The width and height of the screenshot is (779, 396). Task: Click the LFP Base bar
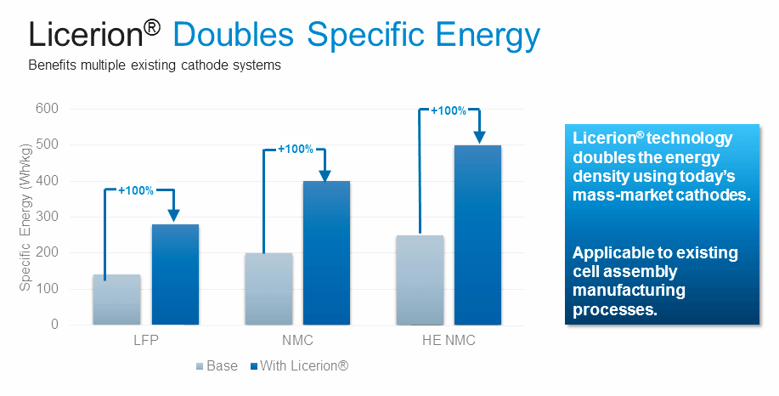coord(116,299)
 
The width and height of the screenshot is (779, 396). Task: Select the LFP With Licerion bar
coord(175,274)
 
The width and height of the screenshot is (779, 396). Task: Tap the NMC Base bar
coord(268,289)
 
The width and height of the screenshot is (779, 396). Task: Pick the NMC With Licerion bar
coord(326,252)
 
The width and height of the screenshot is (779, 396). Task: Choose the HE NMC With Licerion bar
coord(477,235)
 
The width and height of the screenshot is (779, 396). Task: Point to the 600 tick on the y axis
coord(47,109)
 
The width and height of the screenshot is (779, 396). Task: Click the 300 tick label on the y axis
coord(47,217)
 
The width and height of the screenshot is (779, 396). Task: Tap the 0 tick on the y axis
coord(54,325)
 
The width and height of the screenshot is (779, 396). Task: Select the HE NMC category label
coord(448,342)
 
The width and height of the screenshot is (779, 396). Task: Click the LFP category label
coord(145,342)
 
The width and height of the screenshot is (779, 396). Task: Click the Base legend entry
coord(217,366)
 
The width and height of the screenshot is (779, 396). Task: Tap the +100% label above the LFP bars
coord(136,190)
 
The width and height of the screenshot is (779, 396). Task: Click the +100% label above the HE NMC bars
coord(449,110)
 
